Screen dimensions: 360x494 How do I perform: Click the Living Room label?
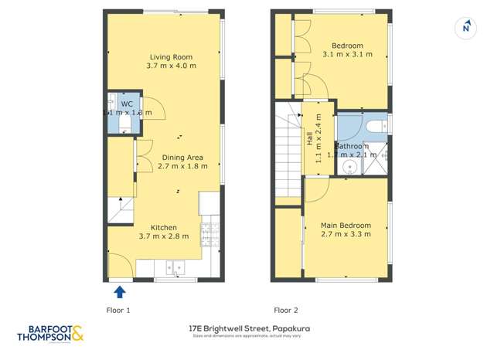coord(171,57)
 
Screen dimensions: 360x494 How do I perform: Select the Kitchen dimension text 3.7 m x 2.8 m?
coord(163,236)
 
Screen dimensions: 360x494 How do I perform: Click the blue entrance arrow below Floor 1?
coord(120,292)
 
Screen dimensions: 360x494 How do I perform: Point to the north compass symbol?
coord(465,28)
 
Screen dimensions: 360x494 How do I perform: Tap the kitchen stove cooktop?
coord(209,231)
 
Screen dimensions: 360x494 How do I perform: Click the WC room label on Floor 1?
coord(127,104)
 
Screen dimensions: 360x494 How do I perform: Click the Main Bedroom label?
coord(346,226)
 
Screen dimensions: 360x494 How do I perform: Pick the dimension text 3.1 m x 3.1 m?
coord(347,55)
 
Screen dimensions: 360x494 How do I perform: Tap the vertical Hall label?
coord(309,140)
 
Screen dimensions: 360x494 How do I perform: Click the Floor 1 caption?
coord(118,310)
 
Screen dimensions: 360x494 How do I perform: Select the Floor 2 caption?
coord(284,310)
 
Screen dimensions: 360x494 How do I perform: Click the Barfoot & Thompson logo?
coord(51,333)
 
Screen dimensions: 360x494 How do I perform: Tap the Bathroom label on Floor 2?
coord(352,145)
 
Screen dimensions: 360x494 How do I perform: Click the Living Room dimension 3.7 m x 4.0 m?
coord(171,66)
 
